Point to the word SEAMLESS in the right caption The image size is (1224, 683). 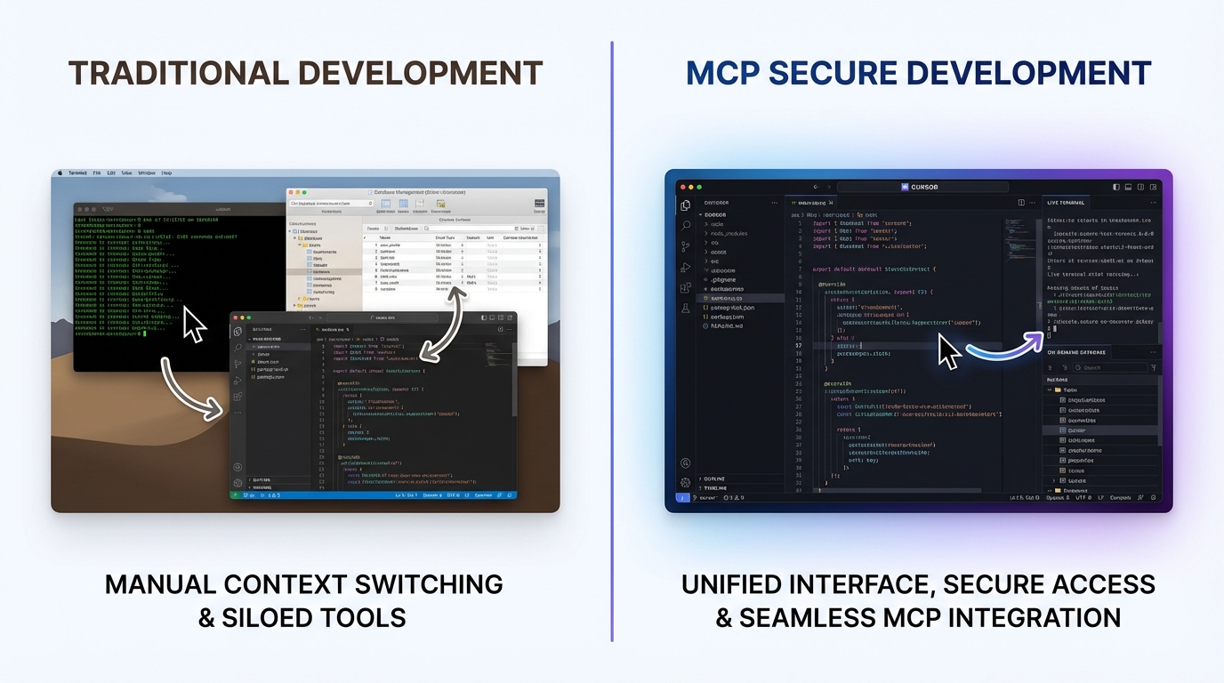pos(812,617)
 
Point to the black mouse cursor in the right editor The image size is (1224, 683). pos(948,353)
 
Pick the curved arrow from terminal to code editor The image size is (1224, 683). pos(189,389)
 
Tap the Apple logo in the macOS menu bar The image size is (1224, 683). pos(60,173)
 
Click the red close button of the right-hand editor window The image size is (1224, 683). pos(680,188)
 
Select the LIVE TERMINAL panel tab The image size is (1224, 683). pos(1066,204)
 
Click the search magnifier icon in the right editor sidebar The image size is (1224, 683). pos(686,226)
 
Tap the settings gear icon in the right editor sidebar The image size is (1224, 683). pos(685,482)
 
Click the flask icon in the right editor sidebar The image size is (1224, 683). pos(685,308)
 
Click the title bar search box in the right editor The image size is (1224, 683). pos(924,188)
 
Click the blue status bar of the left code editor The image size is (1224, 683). pos(374,494)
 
